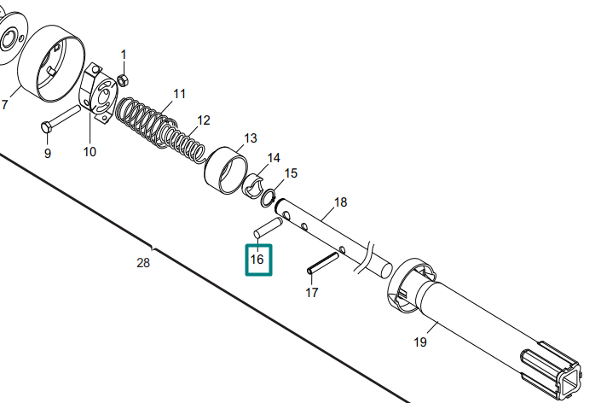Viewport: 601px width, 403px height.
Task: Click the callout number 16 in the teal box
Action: pos(257,260)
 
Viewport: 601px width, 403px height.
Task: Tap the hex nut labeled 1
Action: pos(122,80)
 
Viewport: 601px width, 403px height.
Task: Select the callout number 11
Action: pos(179,94)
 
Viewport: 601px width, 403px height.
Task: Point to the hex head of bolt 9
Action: pos(46,127)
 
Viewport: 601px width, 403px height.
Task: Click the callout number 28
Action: pos(143,263)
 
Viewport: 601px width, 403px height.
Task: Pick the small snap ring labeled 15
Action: pos(268,198)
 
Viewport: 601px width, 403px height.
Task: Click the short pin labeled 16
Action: pos(268,228)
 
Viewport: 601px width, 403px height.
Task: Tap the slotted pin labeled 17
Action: pos(323,263)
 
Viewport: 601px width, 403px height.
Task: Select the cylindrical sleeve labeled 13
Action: pos(226,170)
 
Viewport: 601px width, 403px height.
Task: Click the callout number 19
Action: pos(420,342)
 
